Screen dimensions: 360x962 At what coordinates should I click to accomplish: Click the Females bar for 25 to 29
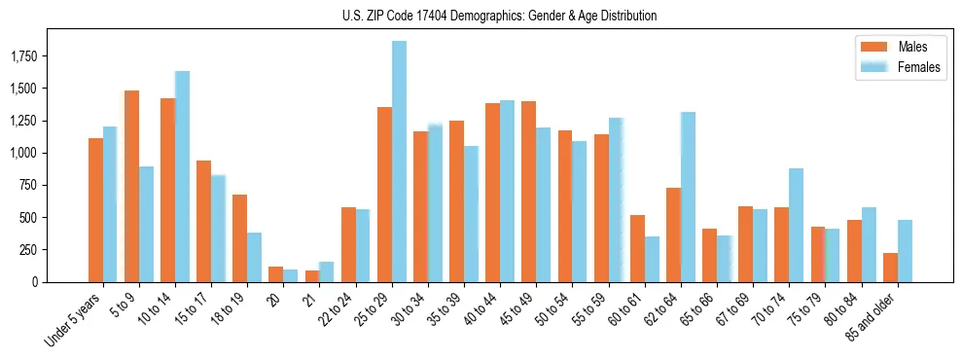399,162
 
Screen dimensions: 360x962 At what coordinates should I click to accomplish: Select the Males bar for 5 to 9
132,186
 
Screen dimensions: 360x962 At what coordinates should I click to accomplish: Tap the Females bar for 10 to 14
182,176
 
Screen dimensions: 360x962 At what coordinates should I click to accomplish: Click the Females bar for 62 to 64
688,197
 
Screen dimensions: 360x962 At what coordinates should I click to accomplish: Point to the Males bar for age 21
312,276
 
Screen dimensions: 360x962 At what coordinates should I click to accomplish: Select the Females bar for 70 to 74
796,225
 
